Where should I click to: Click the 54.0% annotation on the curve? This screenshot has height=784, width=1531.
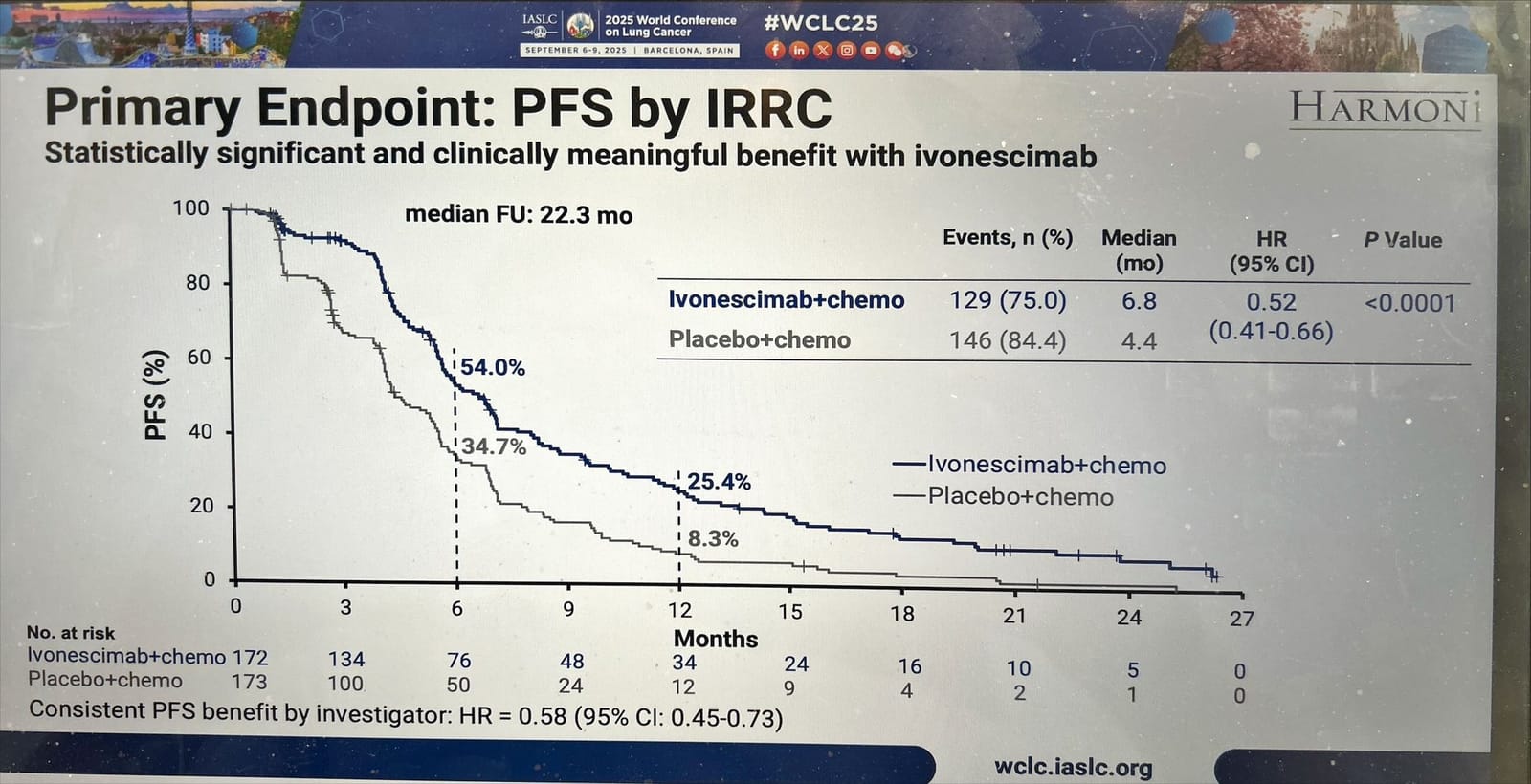point(492,368)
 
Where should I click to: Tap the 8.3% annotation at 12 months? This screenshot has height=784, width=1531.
point(713,539)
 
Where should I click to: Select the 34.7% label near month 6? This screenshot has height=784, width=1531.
point(494,446)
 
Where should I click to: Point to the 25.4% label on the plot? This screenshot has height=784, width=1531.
point(719,482)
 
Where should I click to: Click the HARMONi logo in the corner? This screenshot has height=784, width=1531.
point(1385,109)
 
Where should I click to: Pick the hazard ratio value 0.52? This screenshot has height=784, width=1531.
point(1271,302)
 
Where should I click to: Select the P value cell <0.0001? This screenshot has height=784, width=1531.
point(1409,304)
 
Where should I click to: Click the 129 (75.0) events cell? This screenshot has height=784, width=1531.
point(1007,300)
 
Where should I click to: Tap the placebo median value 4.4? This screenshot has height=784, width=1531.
point(1139,341)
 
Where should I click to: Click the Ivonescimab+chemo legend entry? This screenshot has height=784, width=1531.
point(1046,466)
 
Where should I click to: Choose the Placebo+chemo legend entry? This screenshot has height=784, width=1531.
point(1020,497)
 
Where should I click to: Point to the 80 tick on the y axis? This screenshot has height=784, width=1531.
point(197,283)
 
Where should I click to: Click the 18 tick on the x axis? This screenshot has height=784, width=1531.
point(901,614)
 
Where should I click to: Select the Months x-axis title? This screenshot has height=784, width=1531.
point(715,639)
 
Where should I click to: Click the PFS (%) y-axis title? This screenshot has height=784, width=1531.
point(156,395)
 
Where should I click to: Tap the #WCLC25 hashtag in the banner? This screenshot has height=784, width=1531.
point(820,23)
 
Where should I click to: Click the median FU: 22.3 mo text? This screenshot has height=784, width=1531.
point(519,214)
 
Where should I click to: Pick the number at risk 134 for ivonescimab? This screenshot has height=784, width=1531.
point(345,660)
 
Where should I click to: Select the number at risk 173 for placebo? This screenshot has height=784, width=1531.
point(249,682)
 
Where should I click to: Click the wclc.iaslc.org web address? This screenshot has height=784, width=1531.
point(1073,768)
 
